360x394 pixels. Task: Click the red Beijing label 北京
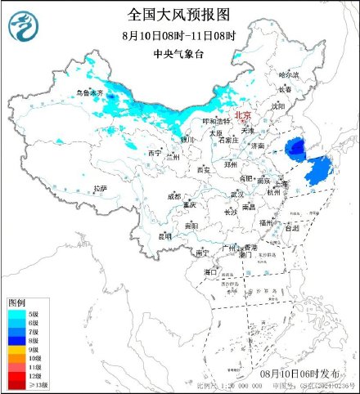tap(243, 116)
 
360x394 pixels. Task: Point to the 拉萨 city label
tap(100, 188)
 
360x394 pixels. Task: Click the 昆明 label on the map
tap(166, 236)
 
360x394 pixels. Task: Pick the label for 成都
tap(174, 196)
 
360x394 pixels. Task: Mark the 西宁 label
tap(155, 154)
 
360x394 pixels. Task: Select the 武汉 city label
tap(237, 194)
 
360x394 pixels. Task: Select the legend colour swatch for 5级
tap(17, 313)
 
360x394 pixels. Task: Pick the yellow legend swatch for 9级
tap(17, 349)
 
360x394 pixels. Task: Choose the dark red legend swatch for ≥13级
tap(17, 384)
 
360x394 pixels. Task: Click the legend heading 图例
tap(17, 302)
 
